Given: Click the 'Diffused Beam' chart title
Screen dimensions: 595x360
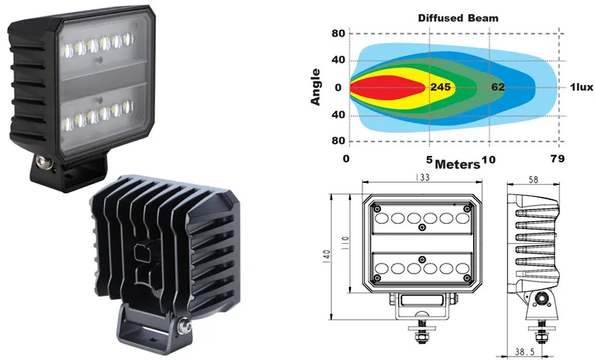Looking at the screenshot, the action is tap(458, 18).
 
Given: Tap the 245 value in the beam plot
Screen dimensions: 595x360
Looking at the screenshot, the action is tap(440, 87).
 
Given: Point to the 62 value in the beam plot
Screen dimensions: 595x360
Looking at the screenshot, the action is tap(498, 87).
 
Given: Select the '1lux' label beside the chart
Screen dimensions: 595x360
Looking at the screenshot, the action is tap(582, 87).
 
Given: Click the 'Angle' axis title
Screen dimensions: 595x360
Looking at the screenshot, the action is tap(316, 87).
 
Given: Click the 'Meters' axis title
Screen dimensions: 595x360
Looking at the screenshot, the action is tap(457, 164).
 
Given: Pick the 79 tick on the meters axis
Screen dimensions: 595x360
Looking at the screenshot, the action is tap(557, 159).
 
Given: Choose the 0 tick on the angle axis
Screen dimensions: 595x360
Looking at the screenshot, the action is tap(338, 88).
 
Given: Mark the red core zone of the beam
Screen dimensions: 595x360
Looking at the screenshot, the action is tap(387, 87).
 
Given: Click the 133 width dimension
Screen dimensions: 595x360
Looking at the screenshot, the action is tap(422, 177).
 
